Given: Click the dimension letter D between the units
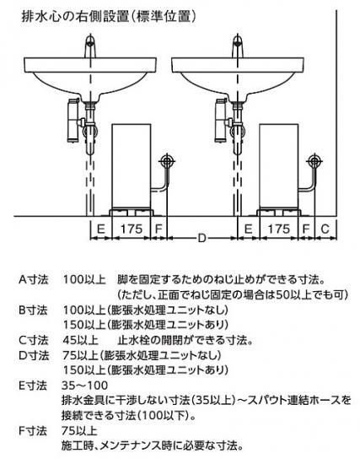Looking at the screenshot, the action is pyautogui.click(x=201, y=238).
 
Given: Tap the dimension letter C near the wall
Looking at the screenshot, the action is pyautogui.click(x=325, y=229).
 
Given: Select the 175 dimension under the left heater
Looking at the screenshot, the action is pyautogui.click(x=132, y=229).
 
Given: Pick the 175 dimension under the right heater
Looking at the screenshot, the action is pyautogui.click(x=278, y=229).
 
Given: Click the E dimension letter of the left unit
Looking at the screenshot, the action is pyautogui.click(x=101, y=229).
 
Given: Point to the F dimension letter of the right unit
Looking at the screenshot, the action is pyautogui.click(x=306, y=229).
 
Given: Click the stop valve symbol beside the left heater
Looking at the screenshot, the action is pyautogui.click(x=167, y=161).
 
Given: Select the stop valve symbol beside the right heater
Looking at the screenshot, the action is pyautogui.click(x=314, y=161).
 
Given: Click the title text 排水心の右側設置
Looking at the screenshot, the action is pyautogui.click(x=74, y=17).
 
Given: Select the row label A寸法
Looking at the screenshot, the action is pyautogui.click(x=33, y=279).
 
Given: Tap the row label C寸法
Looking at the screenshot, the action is pyautogui.click(x=33, y=340).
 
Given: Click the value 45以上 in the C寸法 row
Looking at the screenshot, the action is pyautogui.click(x=80, y=340).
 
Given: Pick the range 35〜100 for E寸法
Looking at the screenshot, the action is pyautogui.click(x=85, y=386).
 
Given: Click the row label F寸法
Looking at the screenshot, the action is pyautogui.click(x=33, y=431).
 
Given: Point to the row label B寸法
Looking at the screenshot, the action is pyautogui.click(x=33, y=310).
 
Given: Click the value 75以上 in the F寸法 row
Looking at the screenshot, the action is pyautogui.click(x=79, y=431).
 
